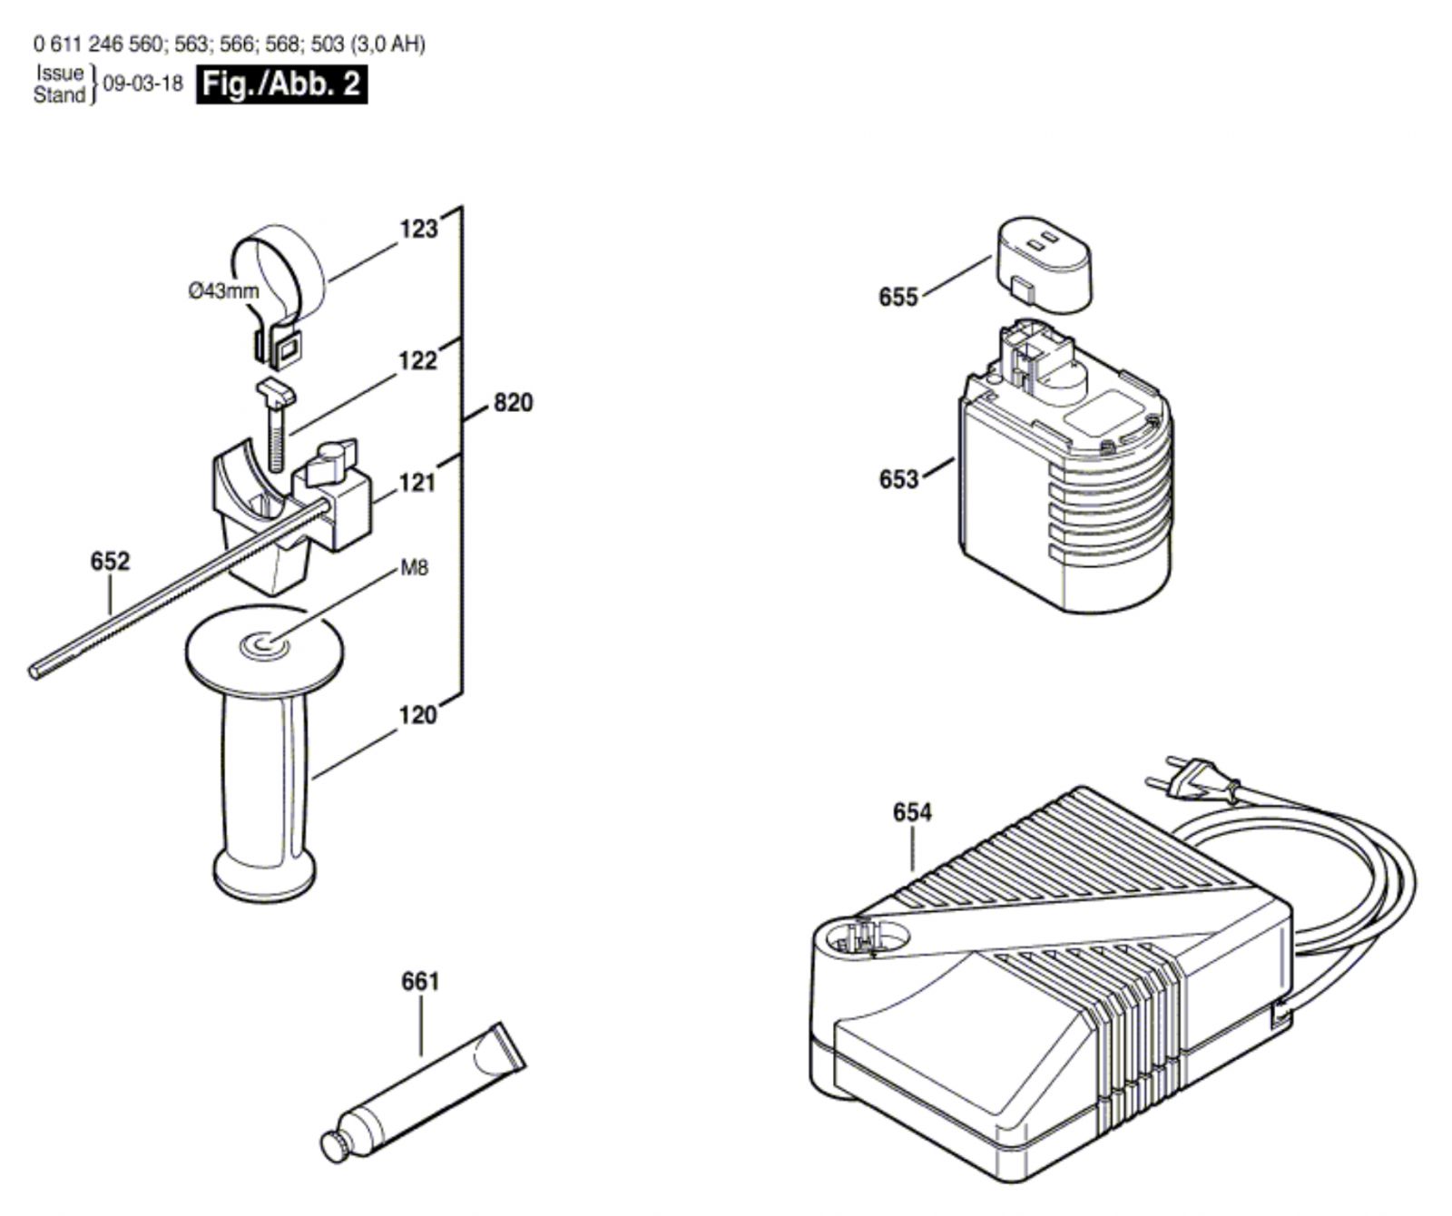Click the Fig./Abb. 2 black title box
pos(282,84)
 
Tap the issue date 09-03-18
pos(142,84)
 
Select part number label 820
pos(513,402)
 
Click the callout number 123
pos(418,229)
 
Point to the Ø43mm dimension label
pos(223,291)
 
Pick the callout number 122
pos(417,361)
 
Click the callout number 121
pos(417,483)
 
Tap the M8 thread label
pos(414,569)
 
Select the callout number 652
pos(110,562)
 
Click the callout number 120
pos(417,716)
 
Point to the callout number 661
pos(420,982)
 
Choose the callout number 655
pos(898,298)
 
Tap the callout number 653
pos(898,479)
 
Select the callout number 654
pos(912,812)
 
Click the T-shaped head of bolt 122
pos(274,393)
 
